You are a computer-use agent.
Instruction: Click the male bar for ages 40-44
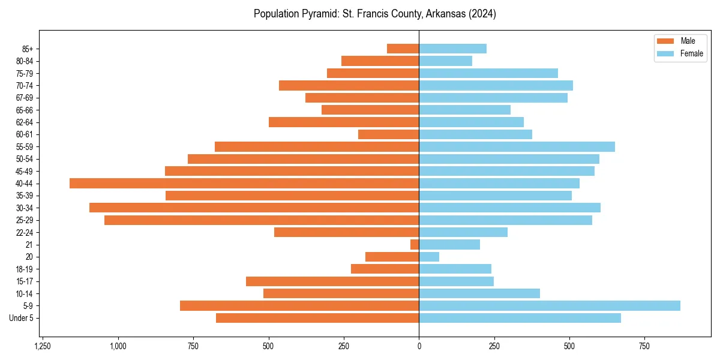coord(244,183)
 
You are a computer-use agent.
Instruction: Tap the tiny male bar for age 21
coord(415,244)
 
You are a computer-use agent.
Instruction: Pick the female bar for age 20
coord(429,257)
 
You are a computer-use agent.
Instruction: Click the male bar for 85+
coord(403,49)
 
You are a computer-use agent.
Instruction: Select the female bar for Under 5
coord(520,318)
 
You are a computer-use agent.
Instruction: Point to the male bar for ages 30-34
coord(254,208)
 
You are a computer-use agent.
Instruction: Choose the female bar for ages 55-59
coord(517,146)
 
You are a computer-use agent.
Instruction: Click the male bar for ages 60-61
coord(389,134)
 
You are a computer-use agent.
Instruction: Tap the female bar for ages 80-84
coord(445,61)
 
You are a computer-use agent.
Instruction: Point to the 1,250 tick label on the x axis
coord(43,346)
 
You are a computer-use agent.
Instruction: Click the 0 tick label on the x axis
coord(419,346)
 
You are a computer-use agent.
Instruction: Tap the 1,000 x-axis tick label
coord(118,346)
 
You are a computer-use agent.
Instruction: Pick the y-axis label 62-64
coord(25,122)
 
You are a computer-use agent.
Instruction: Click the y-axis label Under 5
coord(22,318)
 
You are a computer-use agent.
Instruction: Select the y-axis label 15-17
coord(25,281)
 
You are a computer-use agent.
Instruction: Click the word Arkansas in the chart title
coord(447,14)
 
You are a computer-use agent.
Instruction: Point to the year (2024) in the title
coord(482,14)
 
